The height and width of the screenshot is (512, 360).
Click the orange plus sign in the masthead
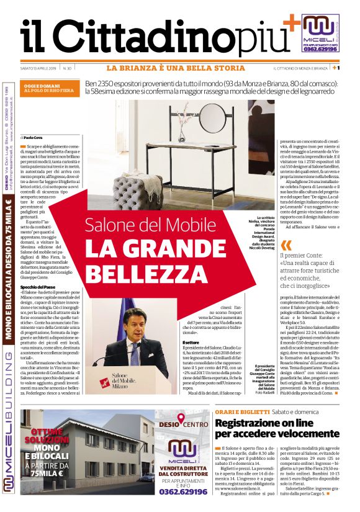click(x=290, y=22)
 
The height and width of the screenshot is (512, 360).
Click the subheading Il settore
click(x=190, y=343)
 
